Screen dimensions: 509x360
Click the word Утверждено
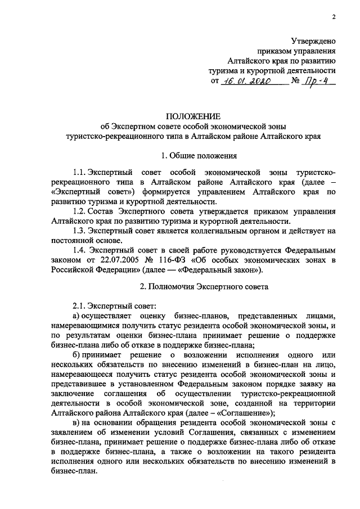coord(313,40)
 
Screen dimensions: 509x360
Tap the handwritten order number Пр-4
coord(318,81)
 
